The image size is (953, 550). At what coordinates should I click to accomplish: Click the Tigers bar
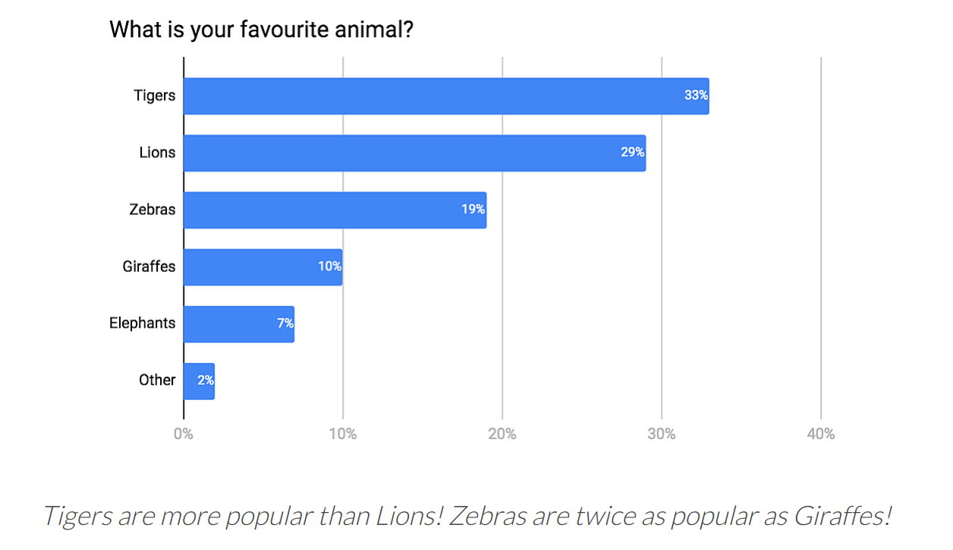425,96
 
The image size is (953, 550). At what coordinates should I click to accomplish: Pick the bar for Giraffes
250,267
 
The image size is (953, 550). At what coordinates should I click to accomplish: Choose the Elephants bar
228,324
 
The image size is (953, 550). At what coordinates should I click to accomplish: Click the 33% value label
696,96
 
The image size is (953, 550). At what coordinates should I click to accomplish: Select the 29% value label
632,153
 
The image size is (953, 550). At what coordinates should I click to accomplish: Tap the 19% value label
473,210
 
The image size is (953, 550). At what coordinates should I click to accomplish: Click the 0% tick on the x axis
184,434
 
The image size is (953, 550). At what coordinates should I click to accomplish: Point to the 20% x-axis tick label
502,434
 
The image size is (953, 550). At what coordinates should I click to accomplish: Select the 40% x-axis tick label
821,434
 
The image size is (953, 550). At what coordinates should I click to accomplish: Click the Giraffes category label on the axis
149,267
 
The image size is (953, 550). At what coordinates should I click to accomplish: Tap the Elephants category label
142,324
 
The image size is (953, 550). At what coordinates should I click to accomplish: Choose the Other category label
157,381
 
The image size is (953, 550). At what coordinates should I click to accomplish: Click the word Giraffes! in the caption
842,517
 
